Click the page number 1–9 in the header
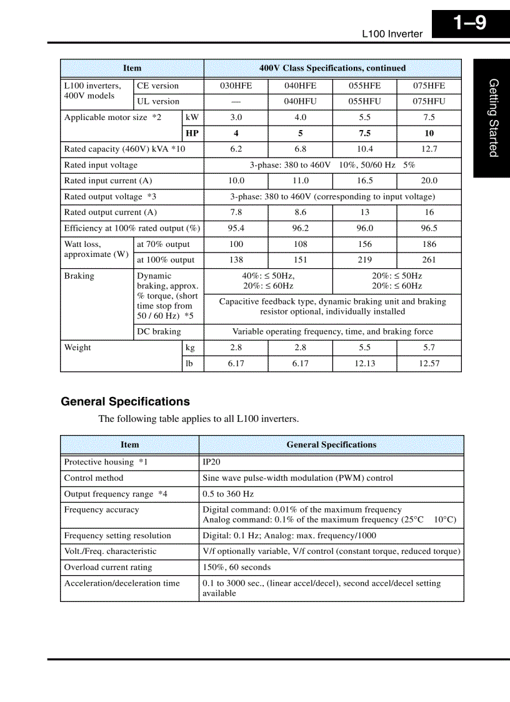[469, 24]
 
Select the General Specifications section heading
[125, 402]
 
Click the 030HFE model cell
[236, 86]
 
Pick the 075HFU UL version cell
[429, 101]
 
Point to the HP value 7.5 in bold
[364, 133]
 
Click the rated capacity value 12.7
[429, 149]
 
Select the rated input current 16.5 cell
[364, 181]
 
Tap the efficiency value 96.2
[300, 228]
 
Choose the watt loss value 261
[429, 260]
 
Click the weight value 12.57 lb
[429, 364]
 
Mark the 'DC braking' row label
[159, 332]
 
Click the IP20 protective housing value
[211, 462]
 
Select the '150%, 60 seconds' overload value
[236, 568]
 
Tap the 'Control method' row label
[94, 478]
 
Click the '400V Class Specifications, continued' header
[332, 68]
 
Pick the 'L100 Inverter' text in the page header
[392, 34]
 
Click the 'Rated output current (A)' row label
[111, 213]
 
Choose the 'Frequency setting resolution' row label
[117, 536]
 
